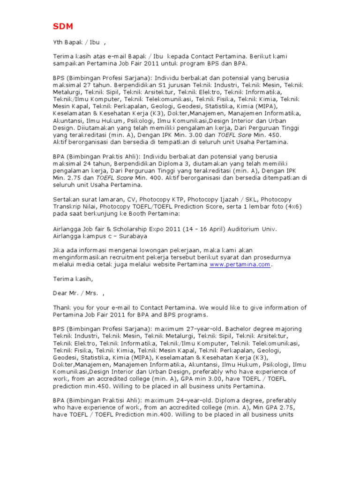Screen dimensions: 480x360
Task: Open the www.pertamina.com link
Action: pyautogui.click(x=240, y=264)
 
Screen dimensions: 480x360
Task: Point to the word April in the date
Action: pyautogui.click(x=213, y=229)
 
